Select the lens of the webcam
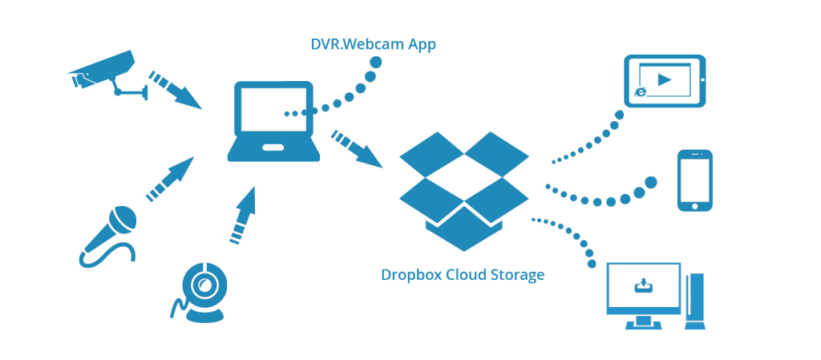(204, 285)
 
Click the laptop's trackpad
(273, 148)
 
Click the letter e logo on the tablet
(641, 92)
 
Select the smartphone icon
(694, 180)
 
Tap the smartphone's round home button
(694, 206)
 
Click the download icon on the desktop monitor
(643, 285)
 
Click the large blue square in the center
(463, 191)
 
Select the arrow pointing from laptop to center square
(357, 149)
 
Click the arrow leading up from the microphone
(170, 179)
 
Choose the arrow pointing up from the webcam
(242, 215)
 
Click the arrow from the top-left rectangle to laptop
(176, 90)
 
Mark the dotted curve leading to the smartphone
(601, 196)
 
